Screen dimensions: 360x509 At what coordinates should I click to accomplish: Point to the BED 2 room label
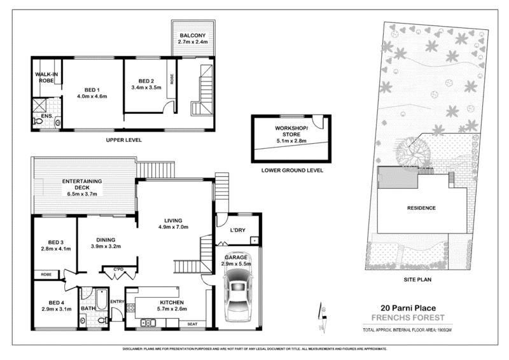(147, 81)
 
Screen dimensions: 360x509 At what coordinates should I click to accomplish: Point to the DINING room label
(105, 240)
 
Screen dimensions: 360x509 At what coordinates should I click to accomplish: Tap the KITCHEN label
(171, 302)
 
